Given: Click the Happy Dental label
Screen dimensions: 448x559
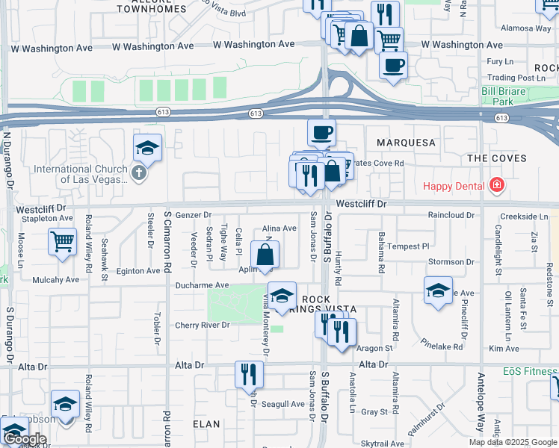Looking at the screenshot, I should (x=454, y=185).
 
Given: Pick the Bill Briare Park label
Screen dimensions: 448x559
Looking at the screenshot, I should (x=508, y=96).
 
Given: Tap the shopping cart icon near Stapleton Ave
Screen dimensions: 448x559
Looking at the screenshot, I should (x=62, y=241).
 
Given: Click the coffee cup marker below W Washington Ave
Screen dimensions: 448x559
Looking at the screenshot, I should (x=393, y=64).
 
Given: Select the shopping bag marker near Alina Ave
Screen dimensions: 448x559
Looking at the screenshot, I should (x=265, y=255).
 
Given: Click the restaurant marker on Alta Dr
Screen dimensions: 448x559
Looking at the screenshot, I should (x=249, y=374).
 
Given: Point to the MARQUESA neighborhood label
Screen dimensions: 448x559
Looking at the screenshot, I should (x=405, y=142).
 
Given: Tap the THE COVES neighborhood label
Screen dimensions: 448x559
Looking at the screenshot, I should (x=497, y=158).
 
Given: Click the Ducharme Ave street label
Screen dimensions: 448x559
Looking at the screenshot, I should (x=202, y=285).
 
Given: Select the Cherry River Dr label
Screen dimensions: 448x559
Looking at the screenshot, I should (x=202, y=325).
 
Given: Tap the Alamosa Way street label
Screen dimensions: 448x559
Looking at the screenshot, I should (x=526, y=28).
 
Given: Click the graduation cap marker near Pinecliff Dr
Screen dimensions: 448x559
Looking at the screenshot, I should (x=438, y=290).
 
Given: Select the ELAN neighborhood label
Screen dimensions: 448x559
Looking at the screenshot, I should (x=206, y=424).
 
